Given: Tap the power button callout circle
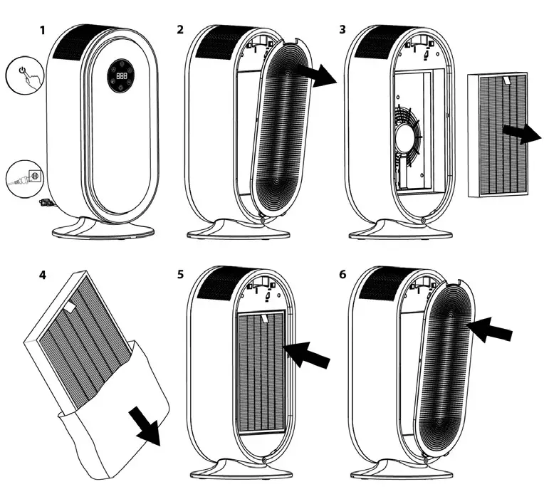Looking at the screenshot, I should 23,75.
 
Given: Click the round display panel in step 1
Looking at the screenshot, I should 121,76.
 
